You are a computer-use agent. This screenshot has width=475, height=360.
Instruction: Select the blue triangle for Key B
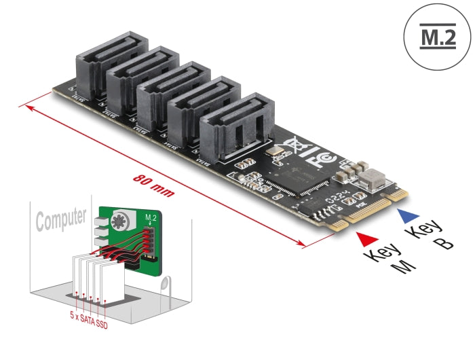tap(406, 216)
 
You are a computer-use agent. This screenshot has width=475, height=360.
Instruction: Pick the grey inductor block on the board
tap(373, 179)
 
